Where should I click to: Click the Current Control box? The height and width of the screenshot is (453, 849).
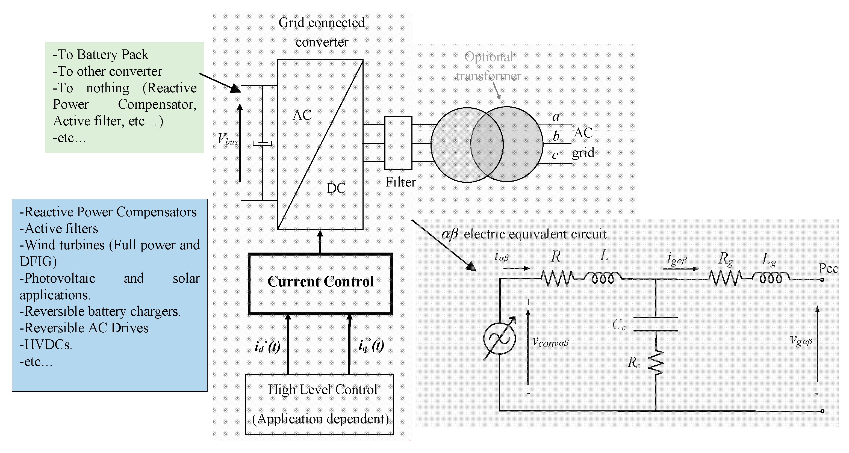[320, 283]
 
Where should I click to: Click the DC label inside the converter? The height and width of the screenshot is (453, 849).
[336, 188]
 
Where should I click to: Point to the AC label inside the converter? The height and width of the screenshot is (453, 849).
[302, 115]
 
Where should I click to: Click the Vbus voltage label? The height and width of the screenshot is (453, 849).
[227, 139]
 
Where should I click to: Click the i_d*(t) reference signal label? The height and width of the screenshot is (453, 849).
[267, 347]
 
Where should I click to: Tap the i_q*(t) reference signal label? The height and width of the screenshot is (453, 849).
[371, 346]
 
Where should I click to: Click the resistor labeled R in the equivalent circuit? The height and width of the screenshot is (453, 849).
[557, 279]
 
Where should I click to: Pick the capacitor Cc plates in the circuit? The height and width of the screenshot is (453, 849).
[656, 324]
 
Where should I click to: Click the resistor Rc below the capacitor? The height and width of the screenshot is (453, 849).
[656, 362]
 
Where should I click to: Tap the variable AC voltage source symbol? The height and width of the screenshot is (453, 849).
[499, 338]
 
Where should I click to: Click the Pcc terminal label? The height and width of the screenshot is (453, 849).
[828, 268]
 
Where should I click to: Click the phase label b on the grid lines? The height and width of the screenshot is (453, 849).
[556, 136]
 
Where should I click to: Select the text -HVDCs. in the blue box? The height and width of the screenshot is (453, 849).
[45, 345]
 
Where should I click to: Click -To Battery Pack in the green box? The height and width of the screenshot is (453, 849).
[101, 55]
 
